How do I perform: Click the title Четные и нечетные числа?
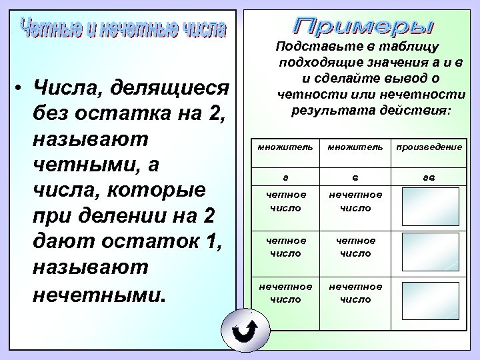click(124, 30)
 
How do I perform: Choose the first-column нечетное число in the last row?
click(286, 293)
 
